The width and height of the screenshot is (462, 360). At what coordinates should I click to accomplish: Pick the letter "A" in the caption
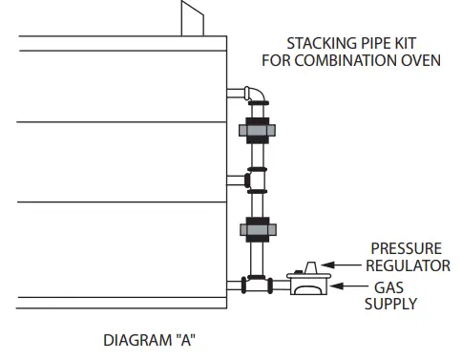click(x=185, y=338)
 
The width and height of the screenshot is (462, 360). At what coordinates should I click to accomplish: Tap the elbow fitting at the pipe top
click(x=258, y=95)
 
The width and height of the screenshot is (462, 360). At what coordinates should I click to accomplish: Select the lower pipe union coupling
click(x=257, y=230)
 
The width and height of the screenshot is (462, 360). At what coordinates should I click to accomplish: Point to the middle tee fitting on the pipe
click(x=255, y=179)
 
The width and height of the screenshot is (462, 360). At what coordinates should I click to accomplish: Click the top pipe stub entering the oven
click(x=237, y=93)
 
